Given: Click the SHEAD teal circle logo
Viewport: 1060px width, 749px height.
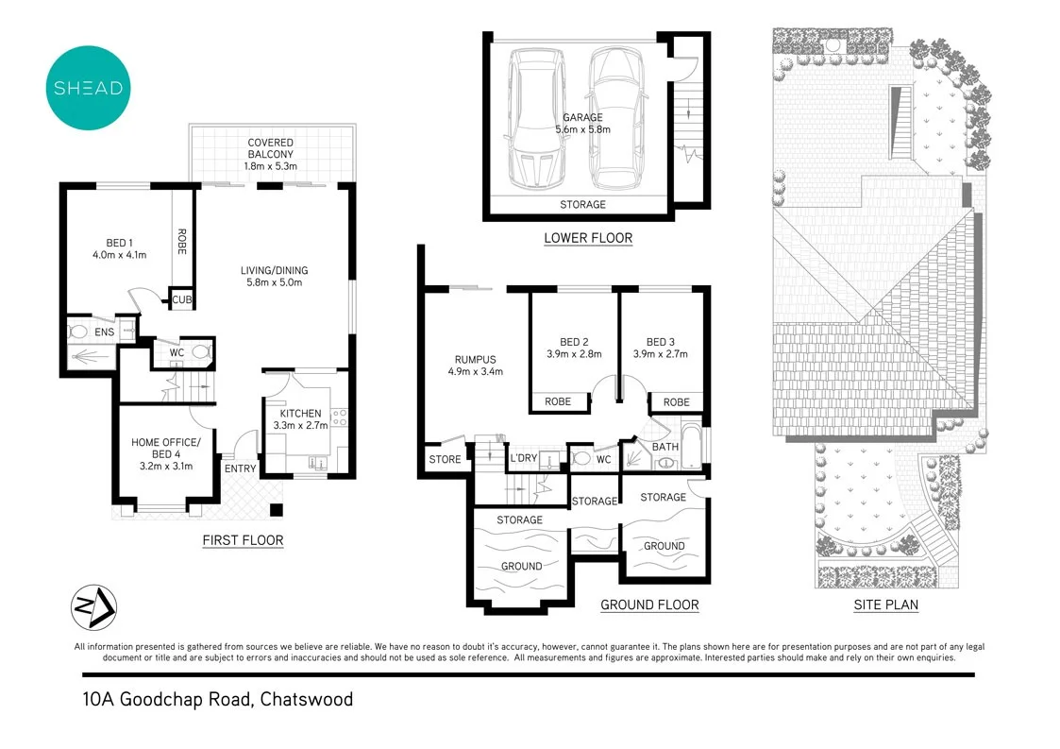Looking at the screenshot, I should (88, 88).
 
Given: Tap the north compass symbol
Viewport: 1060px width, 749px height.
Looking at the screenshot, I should (94, 607).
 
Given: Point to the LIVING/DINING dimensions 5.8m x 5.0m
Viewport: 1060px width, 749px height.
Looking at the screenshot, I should (274, 282).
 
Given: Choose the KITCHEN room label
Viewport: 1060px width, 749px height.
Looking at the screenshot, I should (300, 414).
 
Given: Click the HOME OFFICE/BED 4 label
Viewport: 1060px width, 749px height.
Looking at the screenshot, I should (165, 448).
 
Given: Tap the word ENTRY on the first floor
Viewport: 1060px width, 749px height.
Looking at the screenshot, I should (240, 468).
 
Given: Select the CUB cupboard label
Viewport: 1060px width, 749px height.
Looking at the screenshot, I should (181, 299).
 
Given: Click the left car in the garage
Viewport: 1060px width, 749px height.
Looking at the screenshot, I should (535, 118).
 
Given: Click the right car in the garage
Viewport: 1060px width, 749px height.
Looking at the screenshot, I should (614, 118).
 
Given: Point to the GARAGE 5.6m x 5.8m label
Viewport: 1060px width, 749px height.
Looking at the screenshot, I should (582, 124).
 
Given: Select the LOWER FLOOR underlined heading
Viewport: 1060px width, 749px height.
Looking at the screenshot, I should (588, 238).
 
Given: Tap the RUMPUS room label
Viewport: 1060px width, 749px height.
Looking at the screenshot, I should (475, 359).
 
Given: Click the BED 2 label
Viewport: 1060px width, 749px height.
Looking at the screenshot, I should (574, 342).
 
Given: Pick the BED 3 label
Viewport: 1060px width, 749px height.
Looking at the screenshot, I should (661, 342).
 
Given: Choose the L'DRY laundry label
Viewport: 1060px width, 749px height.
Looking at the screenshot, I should (523, 459).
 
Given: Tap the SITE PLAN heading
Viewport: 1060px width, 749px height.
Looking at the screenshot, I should (885, 604).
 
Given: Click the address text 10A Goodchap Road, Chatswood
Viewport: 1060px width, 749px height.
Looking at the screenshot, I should (217, 700).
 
